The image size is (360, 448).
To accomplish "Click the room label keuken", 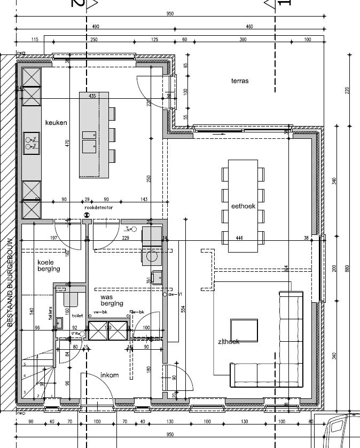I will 56,123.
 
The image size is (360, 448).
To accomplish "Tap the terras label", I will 240,81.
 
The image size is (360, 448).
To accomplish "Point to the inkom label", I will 109,375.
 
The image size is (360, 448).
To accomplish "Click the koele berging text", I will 49,266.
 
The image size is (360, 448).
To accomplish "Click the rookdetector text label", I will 98,207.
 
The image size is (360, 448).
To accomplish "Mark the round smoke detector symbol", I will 87,215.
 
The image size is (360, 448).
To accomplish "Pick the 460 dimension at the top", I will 249,26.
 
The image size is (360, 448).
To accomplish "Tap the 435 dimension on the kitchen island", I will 92,96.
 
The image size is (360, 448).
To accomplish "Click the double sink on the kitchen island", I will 89,146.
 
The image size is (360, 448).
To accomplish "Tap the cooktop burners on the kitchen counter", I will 30,142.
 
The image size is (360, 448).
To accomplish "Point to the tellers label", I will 50,312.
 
